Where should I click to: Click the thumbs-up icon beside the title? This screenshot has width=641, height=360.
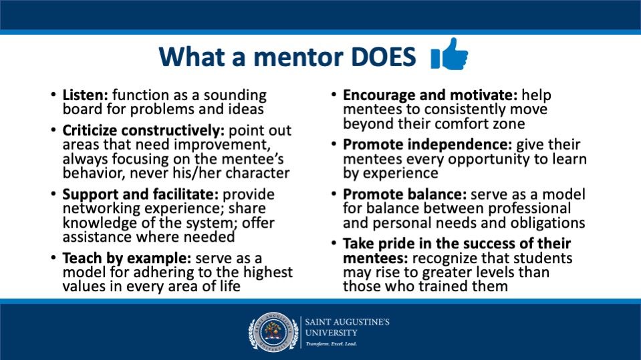click(450, 54)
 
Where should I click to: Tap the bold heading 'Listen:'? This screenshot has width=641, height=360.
click(85, 96)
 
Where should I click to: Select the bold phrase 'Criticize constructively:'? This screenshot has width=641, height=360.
click(144, 130)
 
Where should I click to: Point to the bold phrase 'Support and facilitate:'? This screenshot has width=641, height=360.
click(140, 194)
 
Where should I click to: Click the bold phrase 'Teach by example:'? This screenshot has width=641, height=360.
click(127, 258)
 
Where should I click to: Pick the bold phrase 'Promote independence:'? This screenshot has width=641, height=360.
click(428, 145)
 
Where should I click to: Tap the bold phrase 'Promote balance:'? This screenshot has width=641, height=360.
click(404, 194)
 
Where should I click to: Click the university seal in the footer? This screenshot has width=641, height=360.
click(273, 333)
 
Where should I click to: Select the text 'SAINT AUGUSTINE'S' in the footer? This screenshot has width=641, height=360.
click(347, 322)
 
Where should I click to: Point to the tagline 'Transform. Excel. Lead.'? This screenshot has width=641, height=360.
click(331, 344)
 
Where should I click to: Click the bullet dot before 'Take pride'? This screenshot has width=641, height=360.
click(334, 243)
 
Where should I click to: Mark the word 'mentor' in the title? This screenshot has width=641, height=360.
click(298, 57)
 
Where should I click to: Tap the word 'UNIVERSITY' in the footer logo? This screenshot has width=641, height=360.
click(331, 333)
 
